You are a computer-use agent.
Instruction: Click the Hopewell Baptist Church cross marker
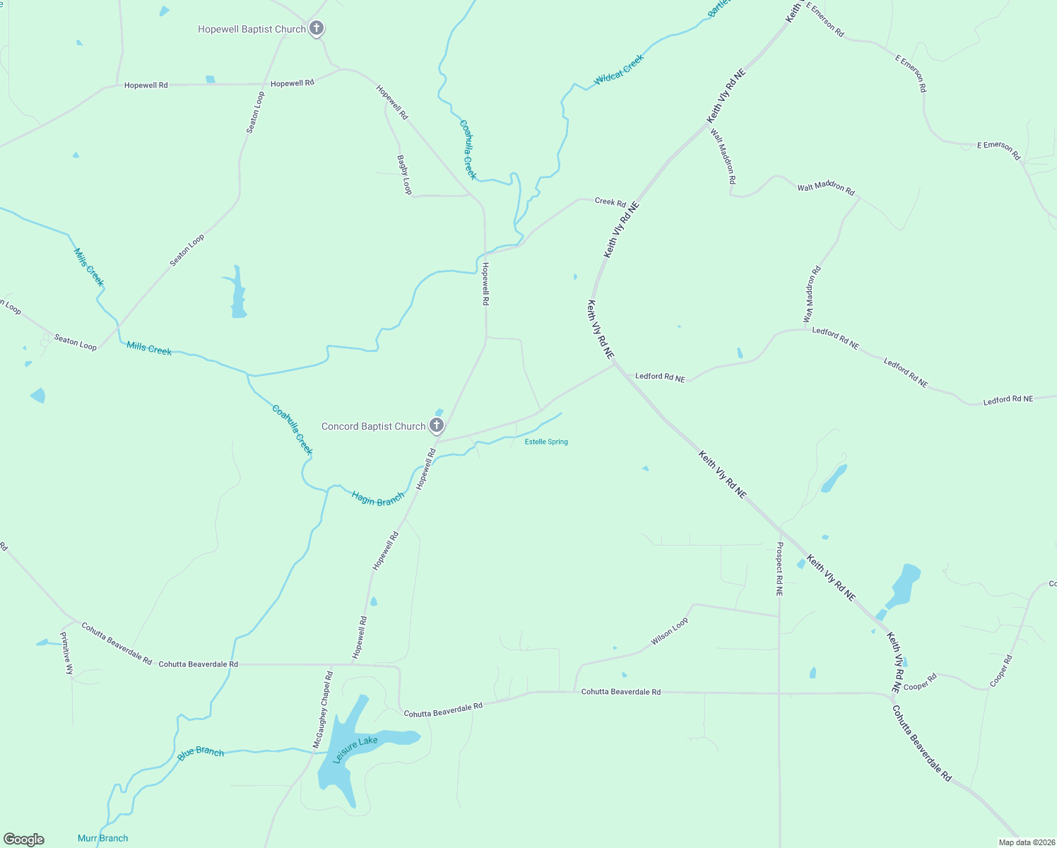pyautogui.click(x=317, y=29)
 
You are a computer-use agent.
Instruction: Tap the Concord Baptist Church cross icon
pyautogui.click(x=437, y=425)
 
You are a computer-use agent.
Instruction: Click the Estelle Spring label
pyautogui.click(x=546, y=442)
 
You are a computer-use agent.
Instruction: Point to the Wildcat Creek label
pyautogui.click(x=619, y=70)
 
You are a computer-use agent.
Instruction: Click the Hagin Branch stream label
pyautogui.click(x=378, y=499)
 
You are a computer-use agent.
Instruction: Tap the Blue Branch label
pyautogui.click(x=201, y=753)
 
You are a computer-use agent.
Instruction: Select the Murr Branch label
pyautogui.click(x=103, y=838)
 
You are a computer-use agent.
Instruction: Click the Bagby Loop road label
pyautogui.click(x=404, y=175)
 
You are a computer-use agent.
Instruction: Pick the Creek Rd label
pyautogui.click(x=610, y=202)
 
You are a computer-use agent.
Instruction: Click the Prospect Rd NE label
pyautogui.click(x=779, y=569)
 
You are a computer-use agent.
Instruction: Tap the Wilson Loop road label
pyautogui.click(x=669, y=631)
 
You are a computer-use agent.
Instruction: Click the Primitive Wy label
pyautogui.click(x=66, y=653)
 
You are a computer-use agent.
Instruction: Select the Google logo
pyautogui.click(x=24, y=840)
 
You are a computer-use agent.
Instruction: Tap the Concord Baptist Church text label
pyautogui.click(x=373, y=426)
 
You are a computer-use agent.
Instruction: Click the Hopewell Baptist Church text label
pyautogui.click(x=252, y=29)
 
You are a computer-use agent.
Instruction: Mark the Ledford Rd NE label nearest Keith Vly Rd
pyautogui.click(x=660, y=377)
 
